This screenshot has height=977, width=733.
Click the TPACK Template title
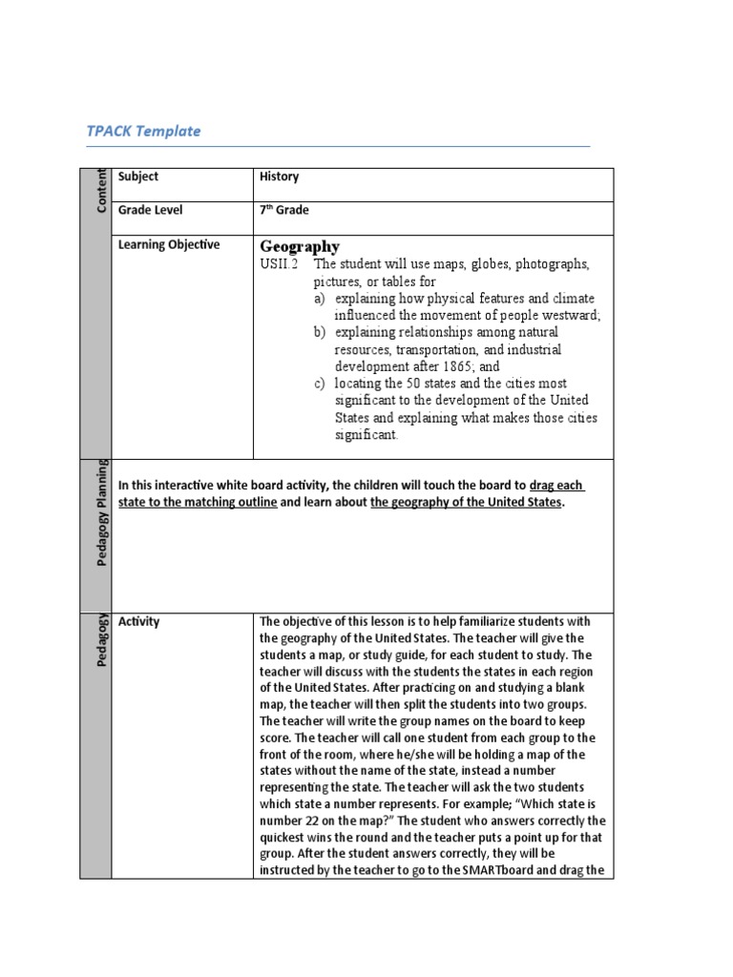point(143,132)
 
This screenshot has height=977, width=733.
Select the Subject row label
point(138,177)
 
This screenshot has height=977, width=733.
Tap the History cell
point(279,177)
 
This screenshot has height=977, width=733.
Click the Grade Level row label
point(150,210)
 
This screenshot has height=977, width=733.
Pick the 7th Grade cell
point(283,210)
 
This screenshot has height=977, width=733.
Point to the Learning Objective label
point(169,244)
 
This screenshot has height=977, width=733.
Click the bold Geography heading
point(300,247)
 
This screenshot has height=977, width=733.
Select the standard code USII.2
point(279,264)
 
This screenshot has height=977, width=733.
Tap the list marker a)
point(321,299)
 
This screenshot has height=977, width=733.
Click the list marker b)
point(321,332)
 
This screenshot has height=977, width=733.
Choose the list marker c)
point(321,384)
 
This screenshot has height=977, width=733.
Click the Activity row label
point(139,621)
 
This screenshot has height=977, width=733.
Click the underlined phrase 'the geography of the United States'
point(466,502)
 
